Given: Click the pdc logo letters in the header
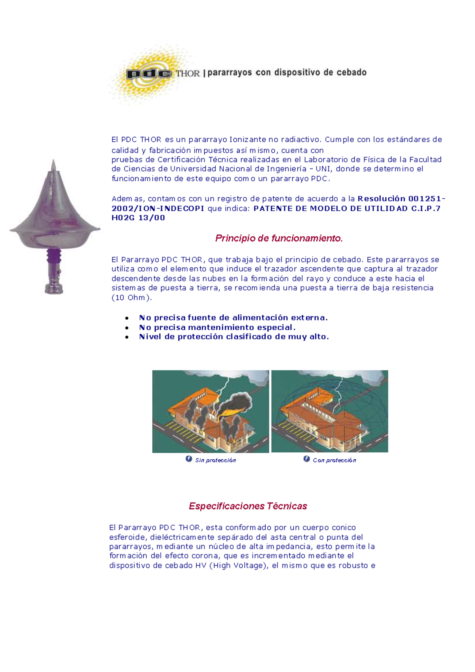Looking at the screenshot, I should (x=149, y=74).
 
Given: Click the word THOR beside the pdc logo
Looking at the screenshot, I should (x=188, y=74).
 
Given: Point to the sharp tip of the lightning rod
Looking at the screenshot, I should (x=54, y=162).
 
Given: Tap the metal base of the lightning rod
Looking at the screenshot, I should (x=54, y=288).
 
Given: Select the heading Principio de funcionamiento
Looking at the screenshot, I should (x=279, y=238).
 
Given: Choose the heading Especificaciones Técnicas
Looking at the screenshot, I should (x=248, y=506).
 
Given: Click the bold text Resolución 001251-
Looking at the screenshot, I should (x=401, y=199).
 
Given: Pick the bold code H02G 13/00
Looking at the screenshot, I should (x=138, y=218).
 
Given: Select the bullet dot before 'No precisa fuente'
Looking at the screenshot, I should (x=127, y=318).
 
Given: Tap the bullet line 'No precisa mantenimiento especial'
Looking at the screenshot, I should (x=217, y=327).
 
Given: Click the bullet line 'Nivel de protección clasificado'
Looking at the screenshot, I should (x=234, y=337).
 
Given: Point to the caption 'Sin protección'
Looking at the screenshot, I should (x=215, y=460).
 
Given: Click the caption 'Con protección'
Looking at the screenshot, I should (x=334, y=460).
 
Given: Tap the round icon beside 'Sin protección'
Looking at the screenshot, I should (x=189, y=459).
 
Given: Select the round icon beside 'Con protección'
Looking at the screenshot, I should (x=306, y=459).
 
